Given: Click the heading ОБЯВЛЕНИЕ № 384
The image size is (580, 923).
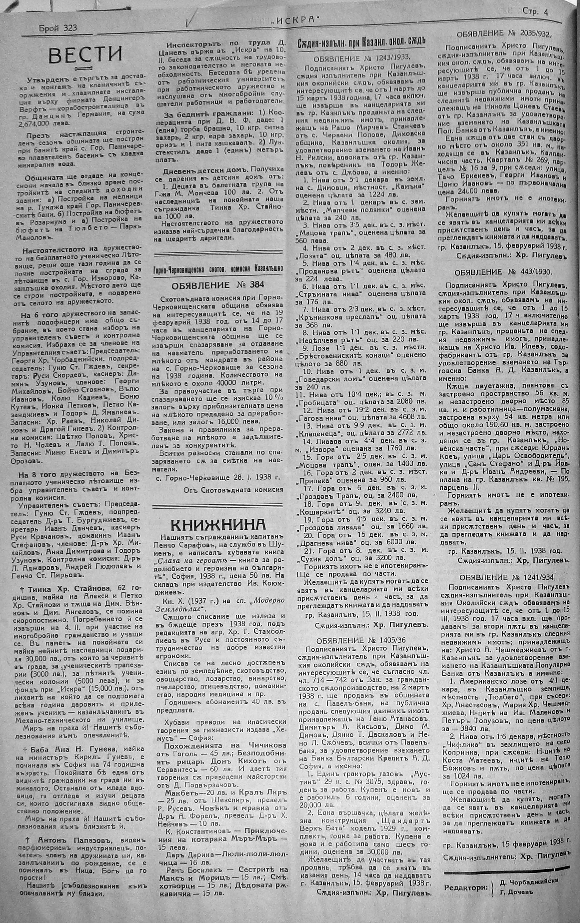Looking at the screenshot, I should (x=218, y=285).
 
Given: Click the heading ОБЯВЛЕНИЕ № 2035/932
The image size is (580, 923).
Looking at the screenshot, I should (x=504, y=34).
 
